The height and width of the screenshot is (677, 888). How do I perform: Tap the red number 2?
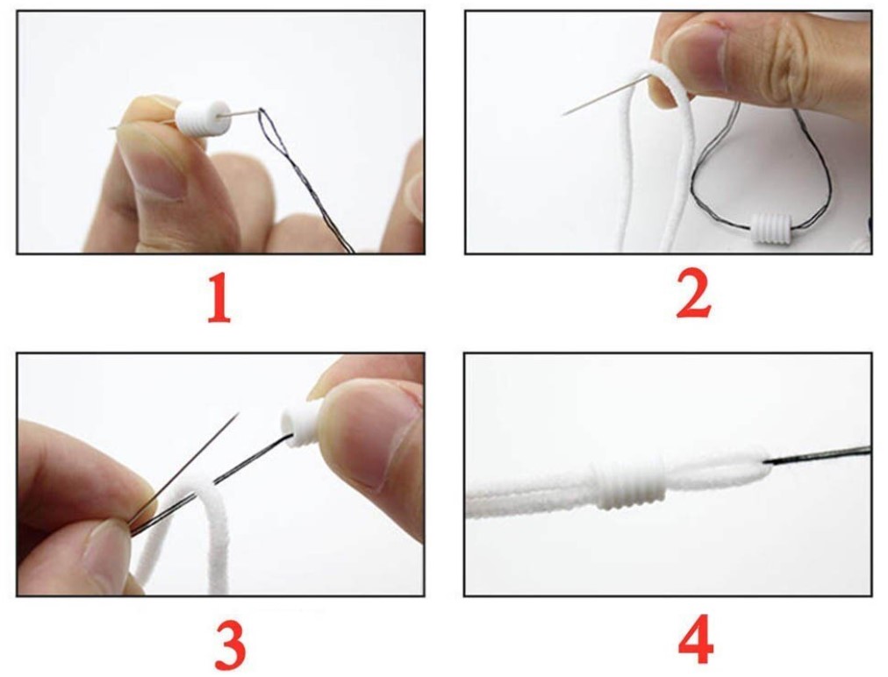[x=694, y=295]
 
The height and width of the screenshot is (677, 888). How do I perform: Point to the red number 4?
[x=697, y=643]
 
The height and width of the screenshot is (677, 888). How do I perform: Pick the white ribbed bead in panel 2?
[x=773, y=228]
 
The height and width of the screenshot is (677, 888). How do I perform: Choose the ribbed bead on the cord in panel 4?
[x=633, y=485]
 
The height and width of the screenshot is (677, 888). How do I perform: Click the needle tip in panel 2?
[x=563, y=115]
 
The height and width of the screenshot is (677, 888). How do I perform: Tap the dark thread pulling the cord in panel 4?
[x=819, y=456]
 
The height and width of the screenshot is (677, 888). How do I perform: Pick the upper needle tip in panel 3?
[x=237, y=414]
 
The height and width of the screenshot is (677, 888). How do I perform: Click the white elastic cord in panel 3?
[x=187, y=538]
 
